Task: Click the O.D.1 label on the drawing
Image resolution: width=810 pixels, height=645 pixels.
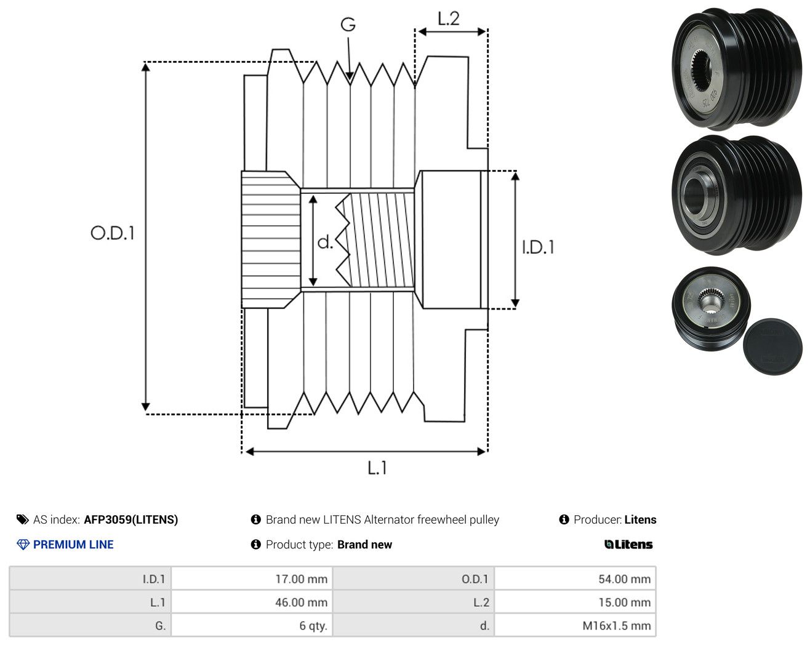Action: point(112,233)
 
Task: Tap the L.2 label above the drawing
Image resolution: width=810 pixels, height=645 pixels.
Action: point(449,18)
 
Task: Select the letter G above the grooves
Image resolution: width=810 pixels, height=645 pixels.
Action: point(348,25)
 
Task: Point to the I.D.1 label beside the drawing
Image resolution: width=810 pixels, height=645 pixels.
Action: point(538,247)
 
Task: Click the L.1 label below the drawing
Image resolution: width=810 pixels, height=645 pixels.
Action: point(377,468)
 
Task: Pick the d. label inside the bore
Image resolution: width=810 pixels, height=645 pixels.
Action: point(325,242)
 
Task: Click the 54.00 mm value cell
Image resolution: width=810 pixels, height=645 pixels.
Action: point(575,579)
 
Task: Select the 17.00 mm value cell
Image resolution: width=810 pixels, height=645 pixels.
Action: point(252,579)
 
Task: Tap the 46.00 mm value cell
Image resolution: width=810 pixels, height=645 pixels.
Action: point(252,602)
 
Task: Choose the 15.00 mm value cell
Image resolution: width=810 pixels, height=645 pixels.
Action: point(575,602)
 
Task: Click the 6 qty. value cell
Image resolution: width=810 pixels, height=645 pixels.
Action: point(252,625)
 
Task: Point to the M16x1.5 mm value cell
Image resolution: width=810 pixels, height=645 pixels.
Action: point(575,625)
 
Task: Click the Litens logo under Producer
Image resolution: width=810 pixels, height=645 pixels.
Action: point(628,545)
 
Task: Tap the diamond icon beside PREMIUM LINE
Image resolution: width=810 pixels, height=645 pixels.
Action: point(23,545)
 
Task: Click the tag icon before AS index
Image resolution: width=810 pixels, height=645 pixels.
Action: point(23,519)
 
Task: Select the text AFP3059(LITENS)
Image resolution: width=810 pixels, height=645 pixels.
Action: point(130,519)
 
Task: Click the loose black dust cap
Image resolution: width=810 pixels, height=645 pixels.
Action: point(772,347)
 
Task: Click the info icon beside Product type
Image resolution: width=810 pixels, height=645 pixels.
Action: point(255,545)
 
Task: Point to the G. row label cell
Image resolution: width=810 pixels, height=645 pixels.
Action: point(90,625)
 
